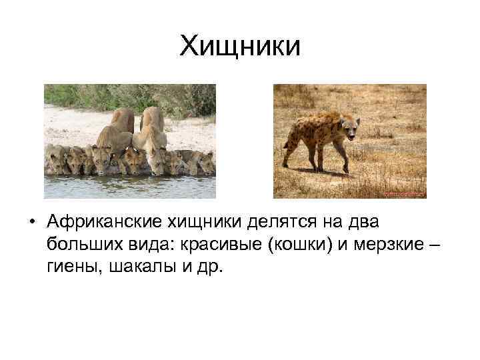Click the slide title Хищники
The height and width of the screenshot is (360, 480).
coord(240,46)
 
